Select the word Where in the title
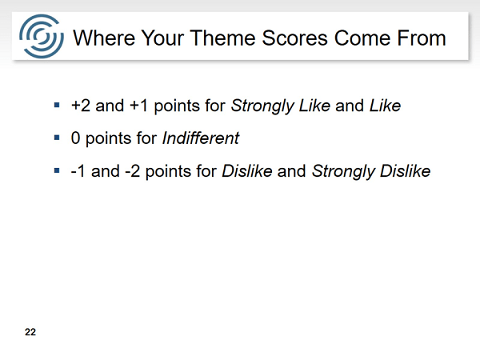coord(104,38)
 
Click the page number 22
coord(30,332)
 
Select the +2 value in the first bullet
coord(81,106)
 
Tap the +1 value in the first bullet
coord(138,106)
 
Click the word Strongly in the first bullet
coord(262,106)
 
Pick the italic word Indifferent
coord(201,138)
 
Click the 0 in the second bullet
coord(75,138)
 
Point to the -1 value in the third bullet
coord(78,171)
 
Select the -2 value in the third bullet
coord(133,171)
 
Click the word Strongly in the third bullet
coord(343,171)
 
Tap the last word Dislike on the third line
coord(406,171)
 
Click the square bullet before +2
coord(57,106)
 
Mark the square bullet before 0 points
coord(57,138)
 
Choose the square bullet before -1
coord(57,170)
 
